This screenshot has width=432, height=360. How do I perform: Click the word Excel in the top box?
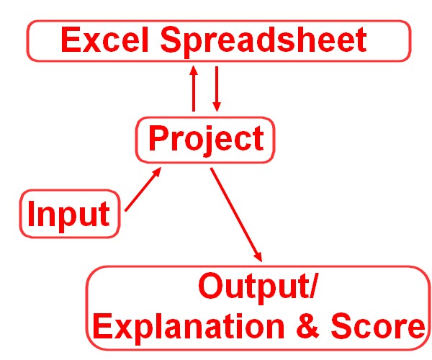click(105, 39)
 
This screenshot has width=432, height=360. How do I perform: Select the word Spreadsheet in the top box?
click(264, 42)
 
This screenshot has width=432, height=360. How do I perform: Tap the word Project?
click(207, 140)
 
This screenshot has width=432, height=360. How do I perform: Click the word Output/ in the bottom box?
click(258, 287)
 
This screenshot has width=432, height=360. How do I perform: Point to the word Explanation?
click(189, 327)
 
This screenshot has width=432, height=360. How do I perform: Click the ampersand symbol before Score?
click(307, 325)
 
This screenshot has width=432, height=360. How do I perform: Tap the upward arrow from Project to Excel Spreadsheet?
click(194, 89)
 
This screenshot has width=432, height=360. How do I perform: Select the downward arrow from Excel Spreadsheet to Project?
click(217, 89)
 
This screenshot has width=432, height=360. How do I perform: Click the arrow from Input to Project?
click(143, 189)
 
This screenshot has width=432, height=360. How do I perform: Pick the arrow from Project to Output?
click(236, 215)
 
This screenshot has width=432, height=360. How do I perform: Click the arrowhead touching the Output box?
click(258, 256)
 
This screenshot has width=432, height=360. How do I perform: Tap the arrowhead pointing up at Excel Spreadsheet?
click(194, 71)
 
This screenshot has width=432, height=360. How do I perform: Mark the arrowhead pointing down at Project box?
click(217, 107)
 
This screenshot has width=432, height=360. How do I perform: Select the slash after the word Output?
click(314, 286)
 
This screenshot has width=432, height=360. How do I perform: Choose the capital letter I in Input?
click(30, 213)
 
